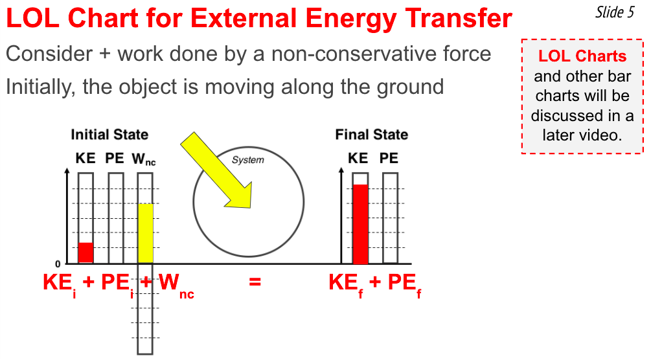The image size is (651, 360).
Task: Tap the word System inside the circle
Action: (248, 160)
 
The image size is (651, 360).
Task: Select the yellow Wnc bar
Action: (145, 233)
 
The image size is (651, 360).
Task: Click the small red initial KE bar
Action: (86, 253)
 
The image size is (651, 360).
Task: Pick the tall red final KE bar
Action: (360, 224)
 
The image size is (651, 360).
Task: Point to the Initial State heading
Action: (109, 135)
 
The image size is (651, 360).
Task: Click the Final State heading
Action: (372, 135)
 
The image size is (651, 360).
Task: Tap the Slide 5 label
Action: (615, 12)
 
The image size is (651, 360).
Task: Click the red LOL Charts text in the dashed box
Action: (582, 56)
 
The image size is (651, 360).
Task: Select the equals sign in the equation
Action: (255, 282)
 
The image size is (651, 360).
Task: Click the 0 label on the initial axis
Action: (58, 264)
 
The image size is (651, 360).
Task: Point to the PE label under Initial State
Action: (115, 158)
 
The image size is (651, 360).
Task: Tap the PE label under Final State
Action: (389, 158)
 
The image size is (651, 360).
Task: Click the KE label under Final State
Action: (358, 158)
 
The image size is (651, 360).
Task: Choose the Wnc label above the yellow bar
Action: (144, 159)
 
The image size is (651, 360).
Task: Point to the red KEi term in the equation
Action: (60, 284)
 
